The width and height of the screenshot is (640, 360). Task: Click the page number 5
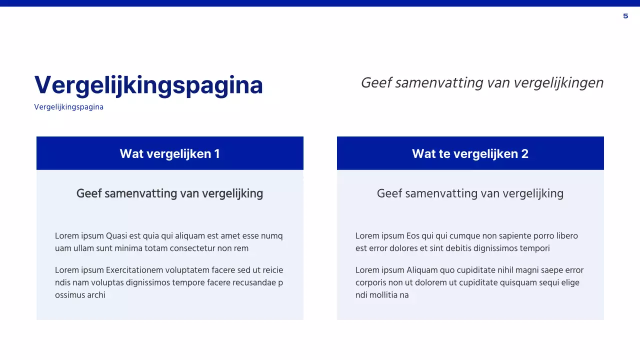click(625, 16)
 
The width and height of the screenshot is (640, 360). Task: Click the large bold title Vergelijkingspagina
click(148, 85)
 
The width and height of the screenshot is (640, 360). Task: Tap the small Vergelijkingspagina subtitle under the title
click(68, 107)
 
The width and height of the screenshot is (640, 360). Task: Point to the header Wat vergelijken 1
click(169, 153)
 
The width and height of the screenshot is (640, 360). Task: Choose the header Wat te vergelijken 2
click(470, 153)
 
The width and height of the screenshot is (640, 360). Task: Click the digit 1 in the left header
click(216, 153)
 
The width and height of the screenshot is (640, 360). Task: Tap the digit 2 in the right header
click(524, 153)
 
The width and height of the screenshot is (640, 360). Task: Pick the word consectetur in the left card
click(192, 248)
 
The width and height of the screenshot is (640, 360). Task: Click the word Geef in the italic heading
click(376, 83)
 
